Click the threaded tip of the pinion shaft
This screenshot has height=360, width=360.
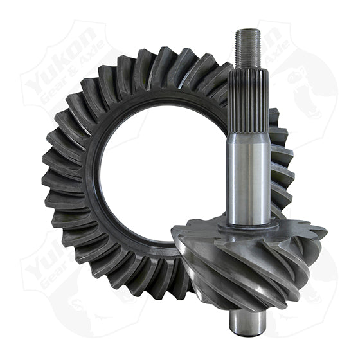[x=248, y=48]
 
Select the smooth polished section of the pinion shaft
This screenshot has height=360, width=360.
[x=248, y=174]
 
